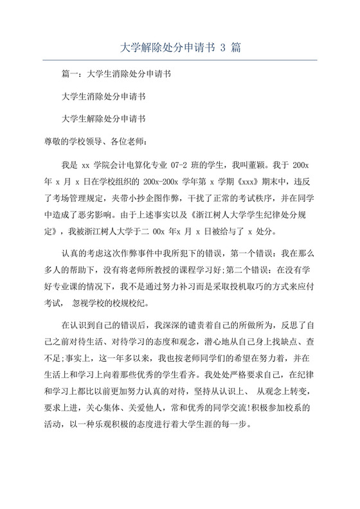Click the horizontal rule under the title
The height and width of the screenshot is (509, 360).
point(180,60)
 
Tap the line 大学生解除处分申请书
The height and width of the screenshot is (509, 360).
point(103,119)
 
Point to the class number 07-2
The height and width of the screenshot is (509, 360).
point(172,165)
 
